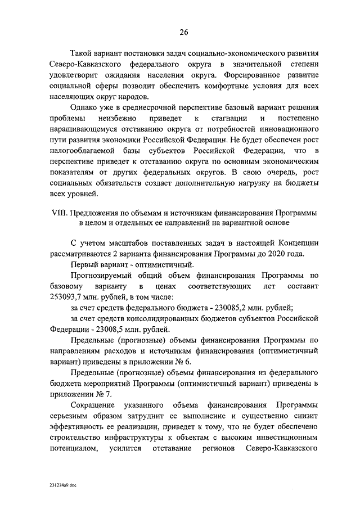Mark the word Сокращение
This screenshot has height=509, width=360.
point(93,405)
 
